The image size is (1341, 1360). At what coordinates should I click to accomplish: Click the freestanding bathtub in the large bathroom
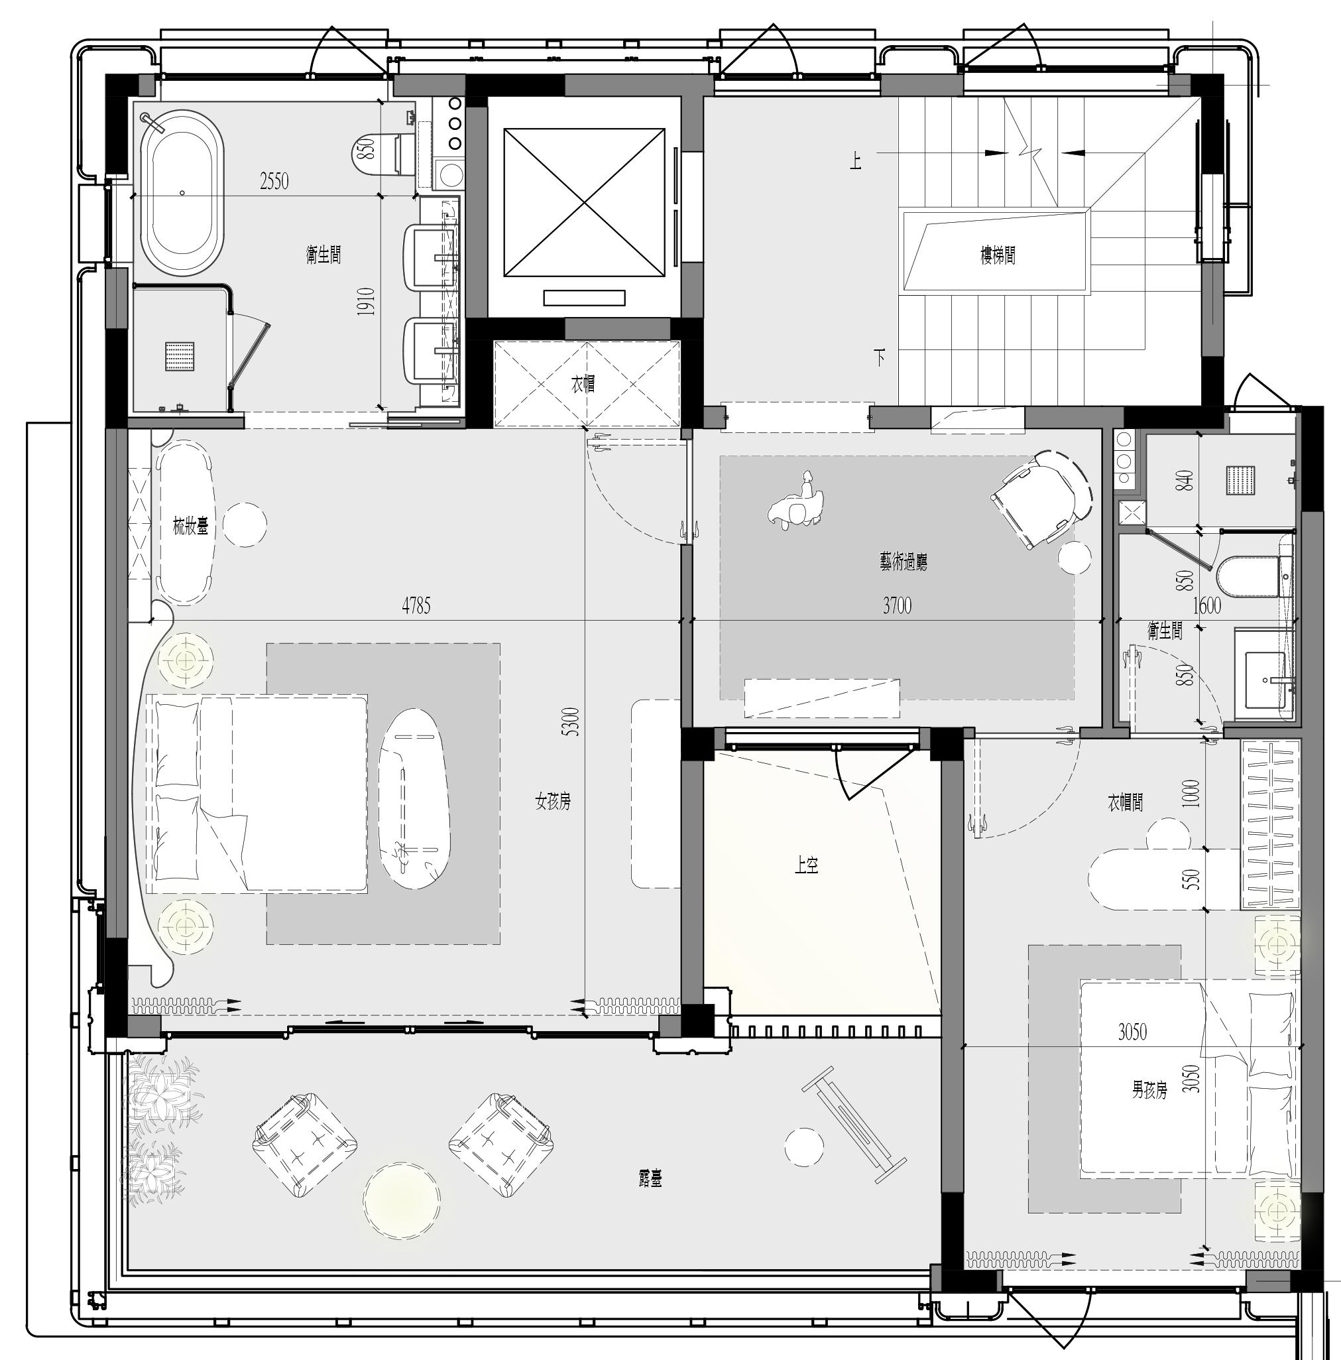[x=182, y=192]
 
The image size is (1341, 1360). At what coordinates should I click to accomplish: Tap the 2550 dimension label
[x=274, y=182]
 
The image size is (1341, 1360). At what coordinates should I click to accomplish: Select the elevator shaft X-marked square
[x=584, y=203]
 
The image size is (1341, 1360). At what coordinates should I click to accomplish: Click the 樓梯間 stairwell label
[x=998, y=255]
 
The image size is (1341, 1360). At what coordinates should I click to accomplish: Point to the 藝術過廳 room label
[x=904, y=562]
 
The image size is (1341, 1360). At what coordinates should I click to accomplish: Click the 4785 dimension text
[x=416, y=605]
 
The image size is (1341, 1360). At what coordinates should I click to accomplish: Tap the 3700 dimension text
[x=897, y=605]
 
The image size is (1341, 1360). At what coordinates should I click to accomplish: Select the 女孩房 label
[x=553, y=801]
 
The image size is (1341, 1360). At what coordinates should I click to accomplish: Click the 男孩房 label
[x=1149, y=1089]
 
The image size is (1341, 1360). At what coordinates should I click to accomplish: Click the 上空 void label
[x=806, y=865]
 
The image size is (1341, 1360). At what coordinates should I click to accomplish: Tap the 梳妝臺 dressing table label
[x=191, y=526]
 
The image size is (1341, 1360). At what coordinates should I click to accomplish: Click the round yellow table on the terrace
[x=402, y=1200]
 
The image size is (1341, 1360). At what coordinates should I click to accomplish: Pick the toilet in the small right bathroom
[x=1256, y=576]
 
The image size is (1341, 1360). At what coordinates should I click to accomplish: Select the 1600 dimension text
[x=1206, y=605]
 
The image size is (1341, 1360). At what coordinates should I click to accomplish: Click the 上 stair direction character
[x=856, y=162]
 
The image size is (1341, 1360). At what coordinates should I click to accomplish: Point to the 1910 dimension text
[x=366, y=301]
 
